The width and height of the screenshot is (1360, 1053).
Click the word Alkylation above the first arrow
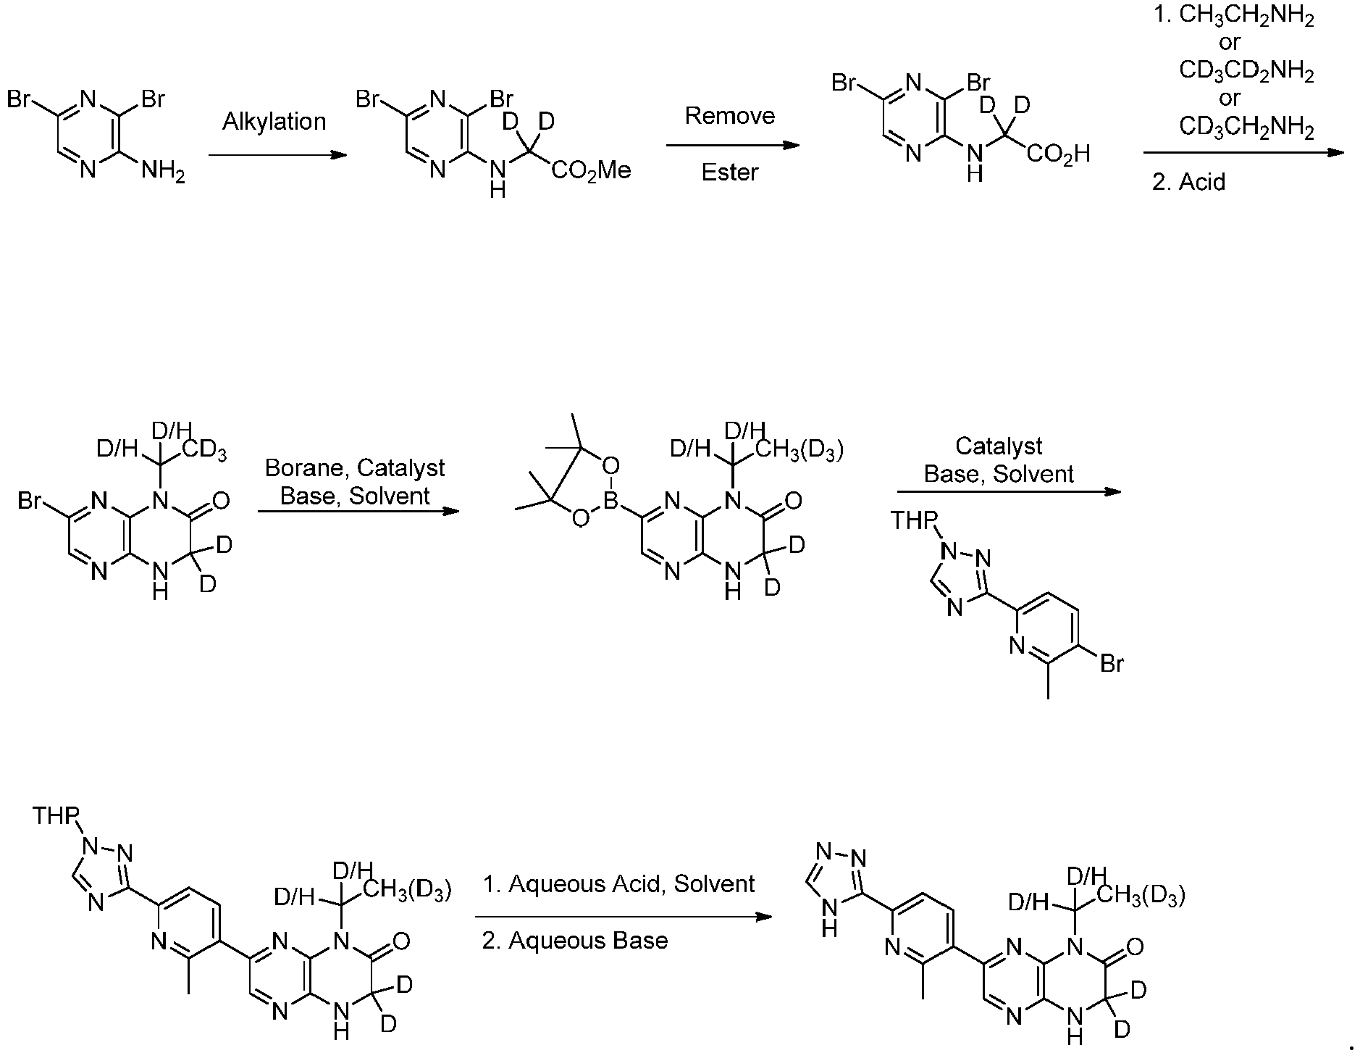[274, 122]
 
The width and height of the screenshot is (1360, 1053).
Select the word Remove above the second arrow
[730, 116]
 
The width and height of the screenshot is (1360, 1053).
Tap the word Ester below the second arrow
[730, 172]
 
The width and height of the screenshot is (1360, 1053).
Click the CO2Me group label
[591, 171]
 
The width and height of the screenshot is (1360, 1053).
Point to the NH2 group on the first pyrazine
[163, 172]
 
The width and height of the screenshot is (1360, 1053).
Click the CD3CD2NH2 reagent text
[1246, 71]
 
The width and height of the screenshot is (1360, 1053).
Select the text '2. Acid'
[1188, 182]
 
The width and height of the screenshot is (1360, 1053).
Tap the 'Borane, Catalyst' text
[355, 469]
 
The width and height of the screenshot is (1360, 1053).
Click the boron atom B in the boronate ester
[610, 501]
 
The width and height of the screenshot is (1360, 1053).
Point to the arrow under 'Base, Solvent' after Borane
[358, 512]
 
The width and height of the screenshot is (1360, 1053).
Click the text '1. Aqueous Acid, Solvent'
[619, 884]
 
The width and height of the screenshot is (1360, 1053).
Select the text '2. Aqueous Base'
[575, 941]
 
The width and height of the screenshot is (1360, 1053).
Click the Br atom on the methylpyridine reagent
[1112, 663]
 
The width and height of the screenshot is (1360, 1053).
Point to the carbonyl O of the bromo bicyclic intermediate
[221, 501]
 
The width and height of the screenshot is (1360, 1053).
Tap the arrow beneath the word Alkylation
[277, 154]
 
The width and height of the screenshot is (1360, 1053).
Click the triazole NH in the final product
[830, 914]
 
